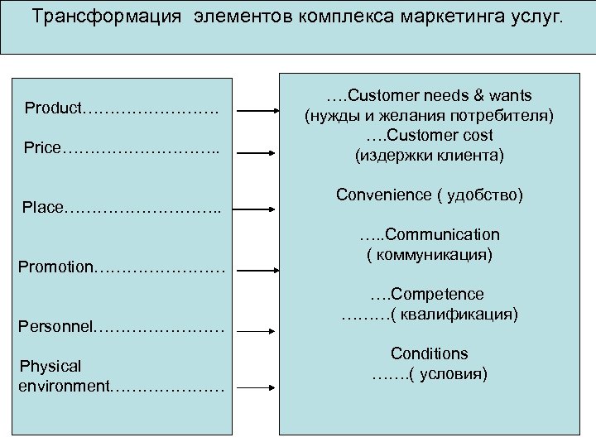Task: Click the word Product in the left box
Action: (x=53, y=108)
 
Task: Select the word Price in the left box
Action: (x=42, y=148)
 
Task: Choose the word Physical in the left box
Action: (x=50, y=366)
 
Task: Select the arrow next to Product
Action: (x=257, y=110)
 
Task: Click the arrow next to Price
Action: (x=257, y=150)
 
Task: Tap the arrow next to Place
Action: (x=257, y=209)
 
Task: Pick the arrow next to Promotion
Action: (x=257, y=269)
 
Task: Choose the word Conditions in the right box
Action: (x=430, y=354)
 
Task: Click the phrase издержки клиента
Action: (x=429, y=155)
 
